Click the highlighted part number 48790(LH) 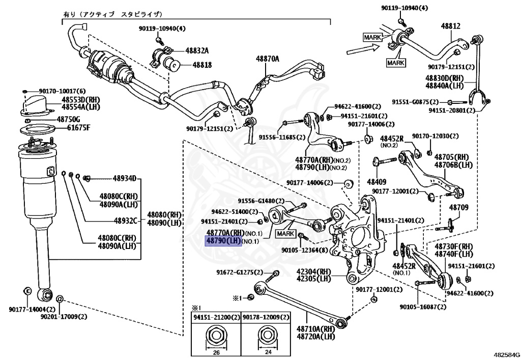(x=223, y=240)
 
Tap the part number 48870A (x=268, y=59)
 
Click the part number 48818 (x=202, y=65)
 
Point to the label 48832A (x=197, y=50)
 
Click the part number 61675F (x=79, y=127)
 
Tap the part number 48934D (x=125, y=178)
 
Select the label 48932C (x=125, y=220)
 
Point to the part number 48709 (x=458, y=208)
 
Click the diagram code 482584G (x=506, y=352)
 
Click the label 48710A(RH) (x=315, y=329)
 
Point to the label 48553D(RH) (x=81, y=99)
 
